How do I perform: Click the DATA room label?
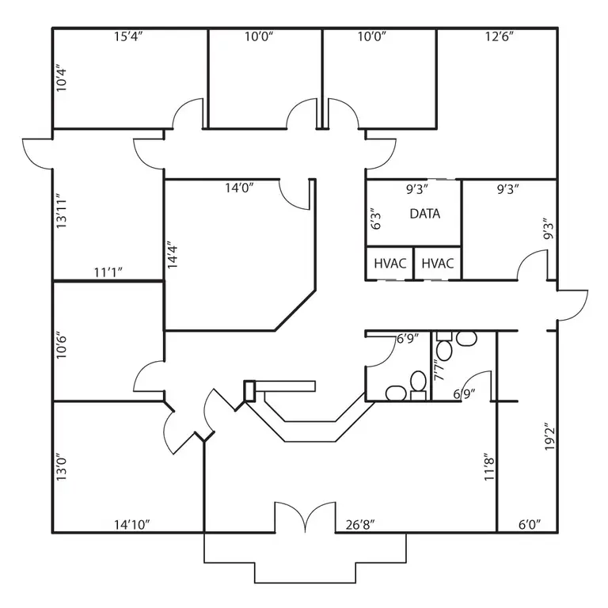(425, 214)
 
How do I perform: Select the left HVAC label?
(390, 264)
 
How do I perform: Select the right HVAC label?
(438, 264)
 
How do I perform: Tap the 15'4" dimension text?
(128, 36)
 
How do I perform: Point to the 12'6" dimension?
(500, 36)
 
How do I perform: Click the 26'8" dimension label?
(360, 525)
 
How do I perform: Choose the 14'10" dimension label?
(132, 525)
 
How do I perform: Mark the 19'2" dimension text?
(549, 437)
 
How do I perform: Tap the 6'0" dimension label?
(530, 525)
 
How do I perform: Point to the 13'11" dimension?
(61, 211)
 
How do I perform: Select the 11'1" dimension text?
(108, 272)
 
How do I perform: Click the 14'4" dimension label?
(172, 256)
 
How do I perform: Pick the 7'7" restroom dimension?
(439, 370)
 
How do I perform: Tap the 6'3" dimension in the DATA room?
(375, 221)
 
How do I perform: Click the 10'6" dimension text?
(61, 344)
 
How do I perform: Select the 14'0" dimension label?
(239, 188)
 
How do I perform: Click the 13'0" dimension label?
(61, 467)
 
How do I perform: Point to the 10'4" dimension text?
(61, 78)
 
